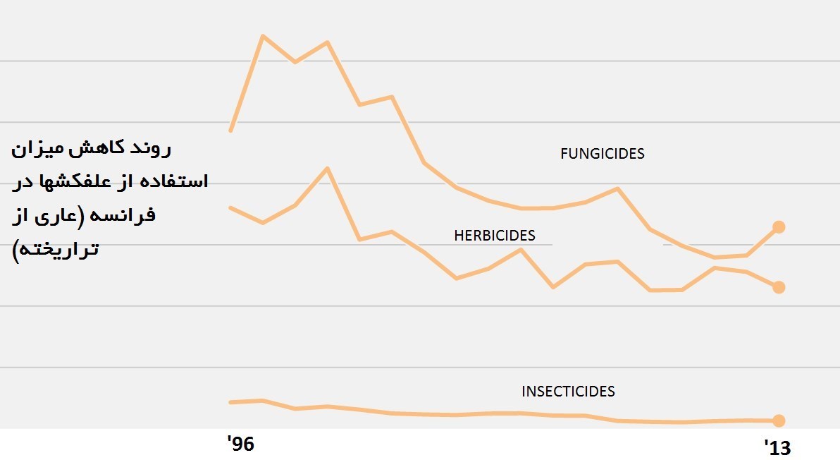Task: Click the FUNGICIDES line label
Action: (x=602, y=154)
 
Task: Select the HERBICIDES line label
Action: (x=494, y=236)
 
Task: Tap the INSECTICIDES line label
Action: (x=568, y=391)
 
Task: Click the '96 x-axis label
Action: (x=240, y=444)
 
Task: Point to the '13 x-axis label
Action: (x=778, y=447)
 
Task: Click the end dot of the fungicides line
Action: (x=779, y=226)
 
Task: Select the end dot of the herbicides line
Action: (x=779, y=287)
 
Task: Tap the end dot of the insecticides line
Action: (x=779, y=421)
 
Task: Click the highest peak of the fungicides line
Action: (x=263, y=35)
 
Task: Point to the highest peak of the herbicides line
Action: (x=327, y=168)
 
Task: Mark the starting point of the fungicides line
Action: (x=230, y=131)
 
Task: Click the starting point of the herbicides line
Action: (x=230, y=207)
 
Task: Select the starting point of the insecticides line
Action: (x=230, y=402)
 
